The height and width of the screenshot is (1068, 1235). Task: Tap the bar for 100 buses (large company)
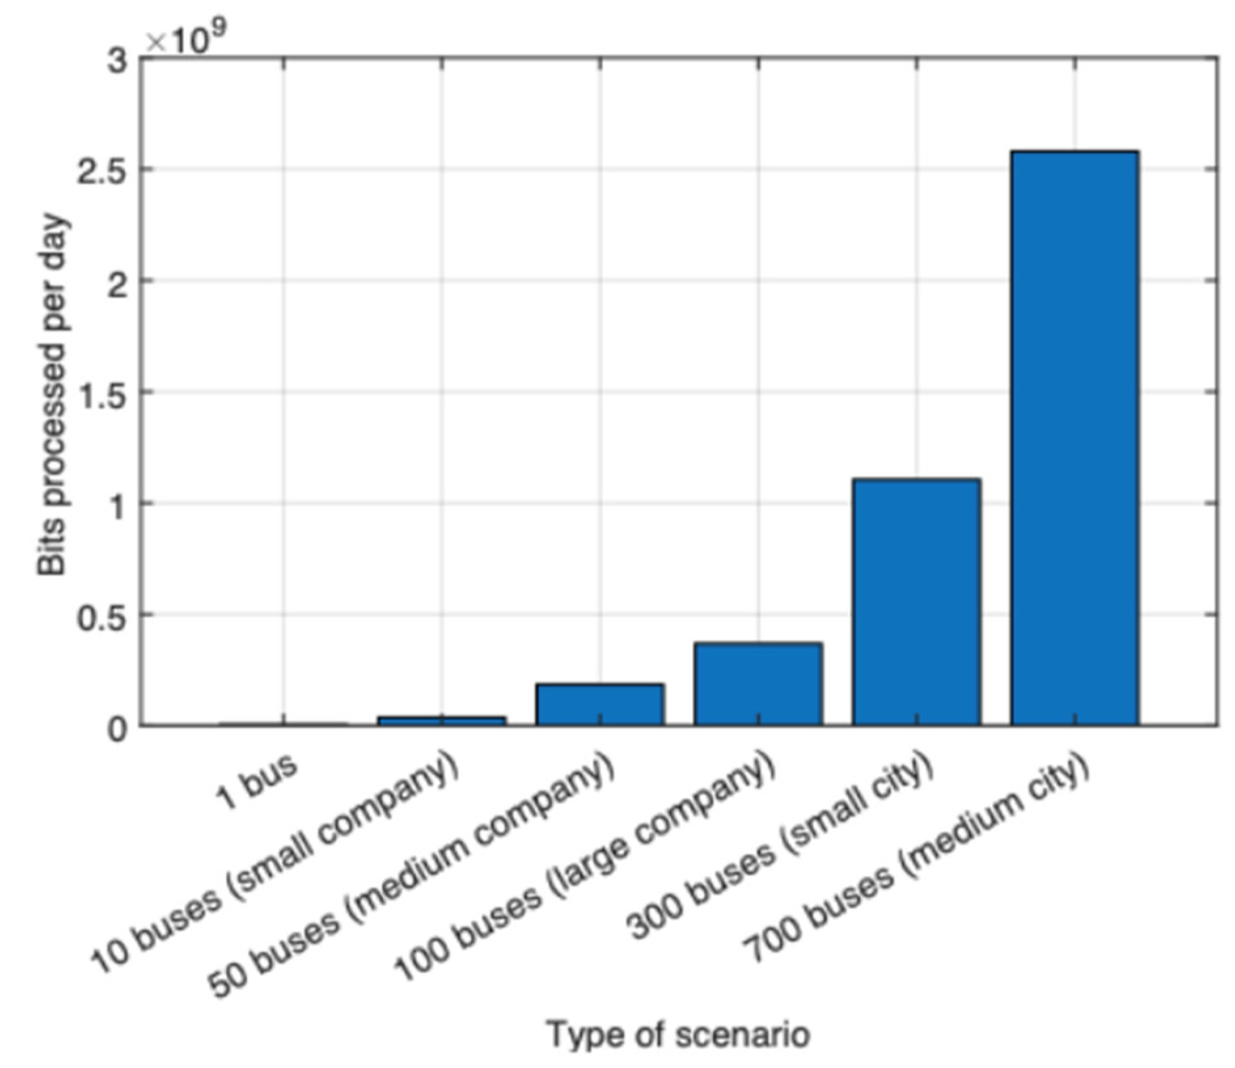[x=758, y=684]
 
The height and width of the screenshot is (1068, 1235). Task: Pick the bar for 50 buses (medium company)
[x=600, y=705]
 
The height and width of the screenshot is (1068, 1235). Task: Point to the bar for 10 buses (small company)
[x=441, y=720]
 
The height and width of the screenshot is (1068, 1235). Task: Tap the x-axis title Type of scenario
[x=678, y=1035]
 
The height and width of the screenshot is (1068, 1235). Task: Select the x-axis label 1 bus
[x=257, y=783]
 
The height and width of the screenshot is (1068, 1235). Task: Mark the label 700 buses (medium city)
[x=917, y=858]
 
